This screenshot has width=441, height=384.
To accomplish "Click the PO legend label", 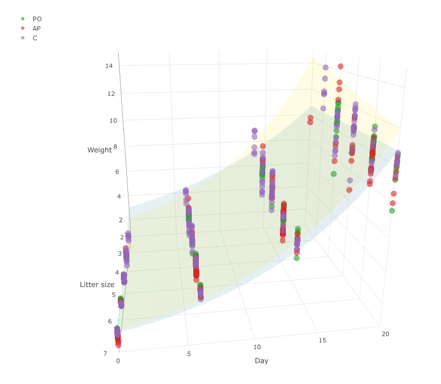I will point(37,19).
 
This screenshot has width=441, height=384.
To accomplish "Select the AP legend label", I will point(37,28).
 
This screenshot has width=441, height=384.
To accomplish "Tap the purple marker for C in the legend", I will point(22,38).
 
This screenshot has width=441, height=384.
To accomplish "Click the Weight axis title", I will point(99,150).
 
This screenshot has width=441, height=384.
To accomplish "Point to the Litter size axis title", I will point(97,284).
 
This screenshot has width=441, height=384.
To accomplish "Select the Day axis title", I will point(261,360).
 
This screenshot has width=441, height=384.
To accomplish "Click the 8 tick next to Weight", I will point(115,146).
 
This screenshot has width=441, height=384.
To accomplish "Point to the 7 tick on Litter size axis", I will point(105,353).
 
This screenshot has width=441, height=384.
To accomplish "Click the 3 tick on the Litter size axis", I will point(120,253).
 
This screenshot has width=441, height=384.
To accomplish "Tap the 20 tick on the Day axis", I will point(386,334).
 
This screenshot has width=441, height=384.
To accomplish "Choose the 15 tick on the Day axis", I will point(322,340).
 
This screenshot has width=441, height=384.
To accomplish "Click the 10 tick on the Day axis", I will point(257,347).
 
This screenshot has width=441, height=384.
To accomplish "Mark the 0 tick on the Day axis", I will point(118,361).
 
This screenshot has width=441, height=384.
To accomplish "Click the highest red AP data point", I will point(341,66).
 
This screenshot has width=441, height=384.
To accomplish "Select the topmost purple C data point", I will point(326,67).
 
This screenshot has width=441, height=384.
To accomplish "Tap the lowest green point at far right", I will point(392,211).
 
